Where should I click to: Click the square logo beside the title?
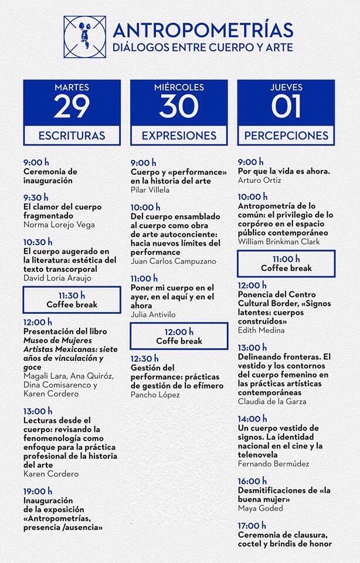85,37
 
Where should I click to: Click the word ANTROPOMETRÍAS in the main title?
203,30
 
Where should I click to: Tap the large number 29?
72,106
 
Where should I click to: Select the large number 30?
179,106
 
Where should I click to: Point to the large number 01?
286,106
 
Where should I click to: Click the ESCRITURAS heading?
72,135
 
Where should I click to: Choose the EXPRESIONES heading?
179,135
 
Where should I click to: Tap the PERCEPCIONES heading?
286,135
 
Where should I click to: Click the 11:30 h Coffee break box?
72,300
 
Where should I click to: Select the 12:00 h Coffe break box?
179,336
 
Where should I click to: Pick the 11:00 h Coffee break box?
286,263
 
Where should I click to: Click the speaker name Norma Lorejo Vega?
59,225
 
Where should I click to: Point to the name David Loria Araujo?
58,277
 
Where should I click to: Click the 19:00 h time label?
38,491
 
